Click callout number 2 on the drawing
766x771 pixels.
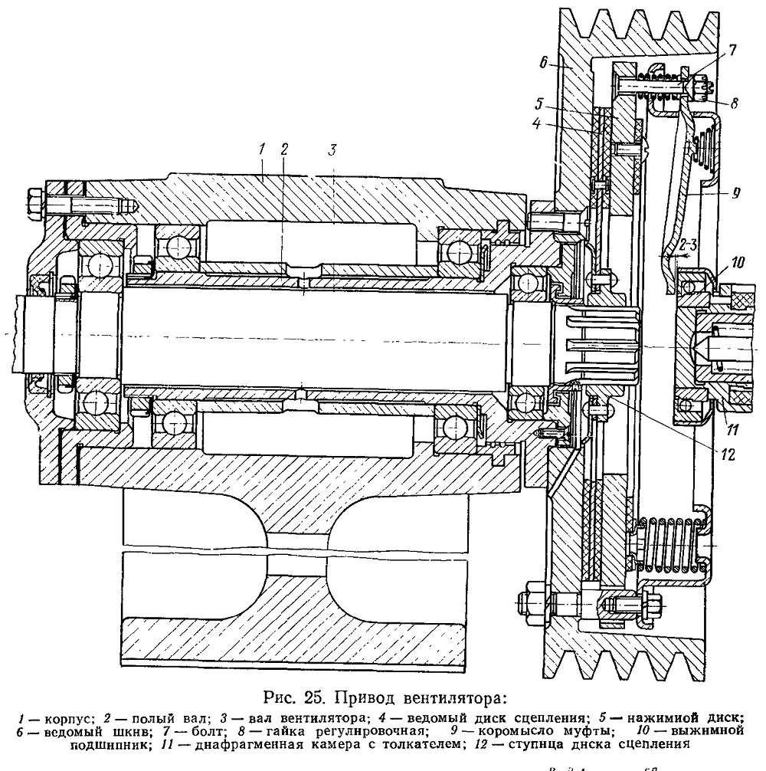[x=284, y=149]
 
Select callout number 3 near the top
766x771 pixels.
[x=332, y=149]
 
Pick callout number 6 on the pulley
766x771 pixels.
[x=545, y=65]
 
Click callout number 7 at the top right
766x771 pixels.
[x=732, y=51]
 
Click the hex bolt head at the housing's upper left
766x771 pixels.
[x=36, y=203]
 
